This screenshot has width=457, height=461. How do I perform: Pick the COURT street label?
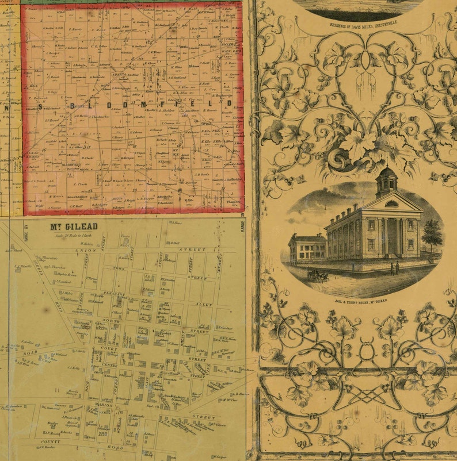pyautogui.click(x=110, y=348)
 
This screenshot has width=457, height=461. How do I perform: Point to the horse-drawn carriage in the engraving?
pyautogui.click(x=318, y=276)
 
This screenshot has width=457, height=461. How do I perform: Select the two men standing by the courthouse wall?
pyautogui.click(x=395, y=268)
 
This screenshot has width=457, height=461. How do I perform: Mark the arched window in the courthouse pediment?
pyautogui.click(x=391, y=203)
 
